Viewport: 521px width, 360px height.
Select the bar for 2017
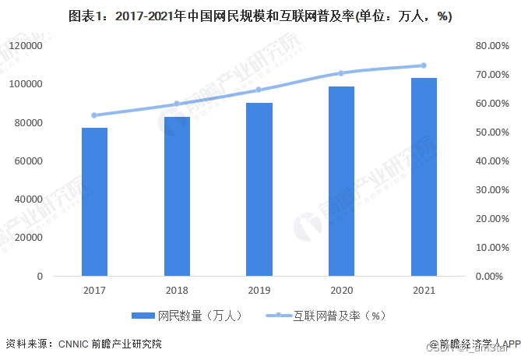tap(95, 201)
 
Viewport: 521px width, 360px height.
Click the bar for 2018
tap(178, 196)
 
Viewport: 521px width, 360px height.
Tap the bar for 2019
tap(259, 189)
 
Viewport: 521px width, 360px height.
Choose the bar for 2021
tap(424, 177)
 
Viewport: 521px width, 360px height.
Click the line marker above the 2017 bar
tap(95, 115)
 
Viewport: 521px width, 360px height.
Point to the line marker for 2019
tap(259, 90)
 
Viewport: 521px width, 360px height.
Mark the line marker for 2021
tap(424, 65)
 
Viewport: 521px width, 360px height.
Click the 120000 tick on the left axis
tap(26, 46)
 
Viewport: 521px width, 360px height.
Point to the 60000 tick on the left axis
tap(28, 161)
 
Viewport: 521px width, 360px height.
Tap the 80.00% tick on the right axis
tap(490, 46)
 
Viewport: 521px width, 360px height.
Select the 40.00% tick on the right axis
tap(490, 161)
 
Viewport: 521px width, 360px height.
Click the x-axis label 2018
tap(178, 291)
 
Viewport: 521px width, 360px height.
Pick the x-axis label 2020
tap(342, 291)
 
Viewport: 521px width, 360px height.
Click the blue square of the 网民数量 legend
tap(143, 316)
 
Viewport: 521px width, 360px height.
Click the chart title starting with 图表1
tap(260, 16)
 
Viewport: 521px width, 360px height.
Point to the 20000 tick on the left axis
tap(28, 238)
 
